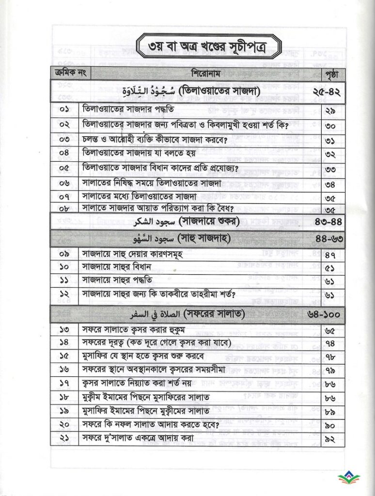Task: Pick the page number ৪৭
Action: [332, 254]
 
